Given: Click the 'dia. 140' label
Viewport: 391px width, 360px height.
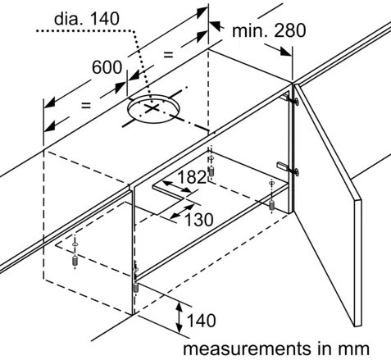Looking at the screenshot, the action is [87, 19].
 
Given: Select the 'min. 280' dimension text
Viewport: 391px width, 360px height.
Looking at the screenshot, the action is [269, 30].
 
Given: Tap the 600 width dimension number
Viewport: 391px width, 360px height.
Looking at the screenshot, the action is [107, 67].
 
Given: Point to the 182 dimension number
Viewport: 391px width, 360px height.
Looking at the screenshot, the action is [192, 177].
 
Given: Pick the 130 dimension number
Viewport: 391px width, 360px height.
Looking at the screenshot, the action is [199, 220].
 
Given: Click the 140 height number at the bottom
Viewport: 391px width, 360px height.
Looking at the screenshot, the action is [202, 321].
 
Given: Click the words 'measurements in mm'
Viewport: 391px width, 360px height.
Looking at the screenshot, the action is [276, 349].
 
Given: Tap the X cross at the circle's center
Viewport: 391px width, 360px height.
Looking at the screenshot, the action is [152, 108].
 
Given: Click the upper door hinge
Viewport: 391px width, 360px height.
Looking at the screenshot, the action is [290, 98].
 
